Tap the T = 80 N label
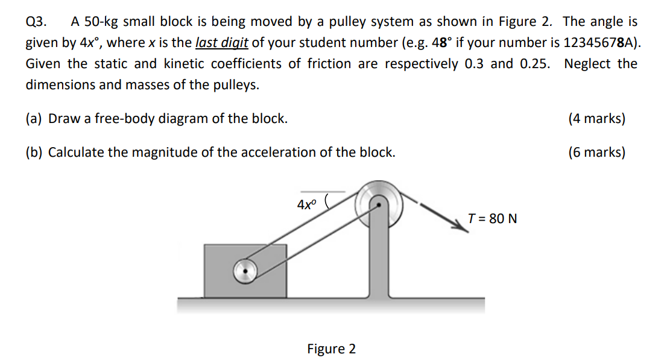[492, 218]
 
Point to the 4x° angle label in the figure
[306, 204]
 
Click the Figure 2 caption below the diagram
[331, 349]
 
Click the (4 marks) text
[596, 118]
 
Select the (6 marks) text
[596, 152]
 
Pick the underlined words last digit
[222, 43]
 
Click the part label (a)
[34, 118]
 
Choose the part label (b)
[34, 152]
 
